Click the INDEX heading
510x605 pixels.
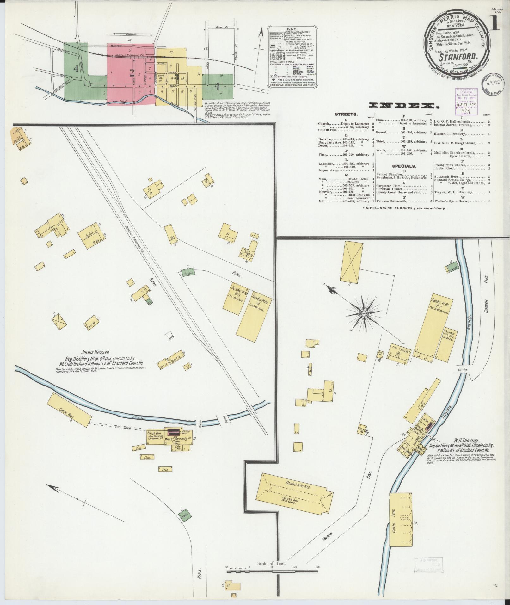(404, 106)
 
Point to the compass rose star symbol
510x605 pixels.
(364, 313)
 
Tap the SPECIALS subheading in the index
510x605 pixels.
(404, 166)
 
